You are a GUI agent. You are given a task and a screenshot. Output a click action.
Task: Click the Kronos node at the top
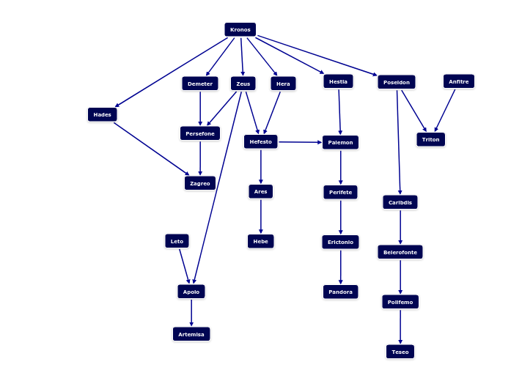pos(240,29)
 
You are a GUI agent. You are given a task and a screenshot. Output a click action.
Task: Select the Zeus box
pos(243,84)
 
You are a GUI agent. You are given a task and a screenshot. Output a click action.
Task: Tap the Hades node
pos(103,114)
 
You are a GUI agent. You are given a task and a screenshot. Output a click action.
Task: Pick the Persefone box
pos(200,133)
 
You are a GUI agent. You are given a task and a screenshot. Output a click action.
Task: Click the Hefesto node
pos(261,141)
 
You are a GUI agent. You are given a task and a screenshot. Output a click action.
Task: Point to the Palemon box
pos(341,142)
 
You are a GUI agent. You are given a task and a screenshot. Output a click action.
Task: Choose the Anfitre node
pos(459,81)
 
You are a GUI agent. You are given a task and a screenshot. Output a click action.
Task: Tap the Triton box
pos(431,139)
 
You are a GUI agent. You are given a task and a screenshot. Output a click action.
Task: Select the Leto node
pos(177,241)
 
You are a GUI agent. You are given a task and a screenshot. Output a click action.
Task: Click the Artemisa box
pos(191,334)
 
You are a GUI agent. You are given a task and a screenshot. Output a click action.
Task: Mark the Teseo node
pos(400,352)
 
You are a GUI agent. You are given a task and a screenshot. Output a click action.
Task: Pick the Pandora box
pos(341,292)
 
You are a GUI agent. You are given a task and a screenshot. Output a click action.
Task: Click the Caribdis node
pos(400,202)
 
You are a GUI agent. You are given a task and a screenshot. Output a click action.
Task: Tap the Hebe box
pos(261,241)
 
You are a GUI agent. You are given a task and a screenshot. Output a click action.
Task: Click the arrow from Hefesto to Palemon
pos(300,142)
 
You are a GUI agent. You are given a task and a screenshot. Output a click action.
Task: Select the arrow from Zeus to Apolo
pos(217,188)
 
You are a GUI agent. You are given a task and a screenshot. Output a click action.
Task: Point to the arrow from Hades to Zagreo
pos(152,149)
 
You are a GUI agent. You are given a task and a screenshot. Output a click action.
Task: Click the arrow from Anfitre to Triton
pos(445,111)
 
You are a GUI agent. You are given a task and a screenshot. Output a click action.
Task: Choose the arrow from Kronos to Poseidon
pos(317,56)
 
